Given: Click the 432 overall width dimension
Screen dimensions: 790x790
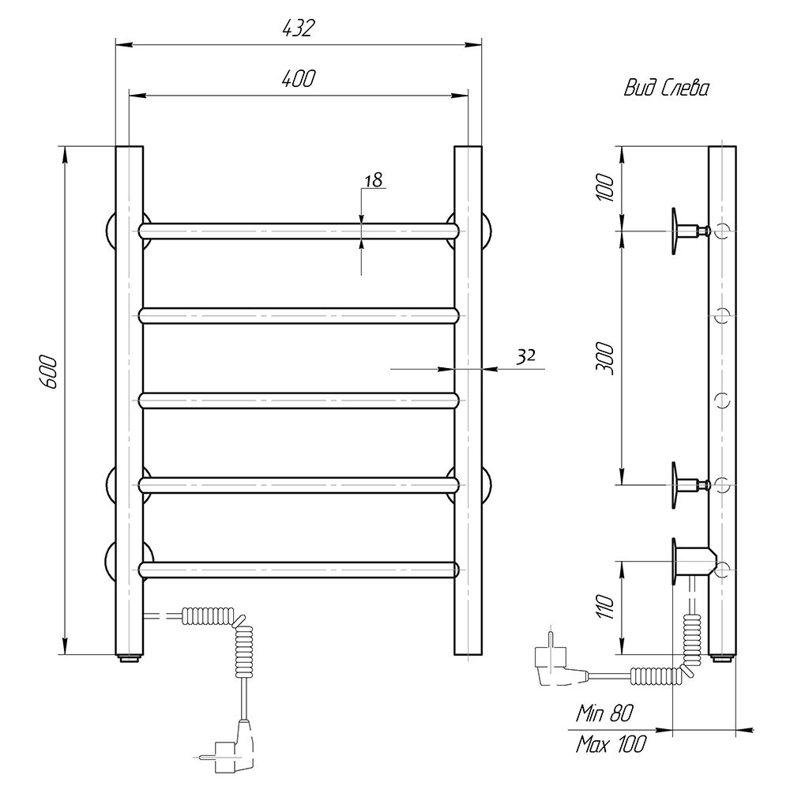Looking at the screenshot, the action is tap(298, 29).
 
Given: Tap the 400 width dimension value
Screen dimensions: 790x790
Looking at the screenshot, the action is tap(299, 78).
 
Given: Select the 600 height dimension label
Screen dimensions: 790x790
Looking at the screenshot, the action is tap(49, 372).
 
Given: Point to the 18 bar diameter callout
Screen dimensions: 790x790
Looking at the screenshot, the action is tap(374, 180).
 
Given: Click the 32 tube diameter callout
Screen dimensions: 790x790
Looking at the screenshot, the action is tap(525, 357).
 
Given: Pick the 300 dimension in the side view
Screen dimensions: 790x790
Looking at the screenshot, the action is tap(605, 358).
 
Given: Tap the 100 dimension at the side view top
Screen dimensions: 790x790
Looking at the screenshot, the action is tap(605, 187).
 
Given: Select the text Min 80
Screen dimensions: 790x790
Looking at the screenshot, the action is tap(604, 713).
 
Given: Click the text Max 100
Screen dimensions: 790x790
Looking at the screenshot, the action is tap(610, 743).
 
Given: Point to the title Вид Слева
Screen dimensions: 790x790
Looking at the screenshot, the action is tap(666, 88).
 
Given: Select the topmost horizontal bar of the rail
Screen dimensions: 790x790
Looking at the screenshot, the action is tap(299, 231).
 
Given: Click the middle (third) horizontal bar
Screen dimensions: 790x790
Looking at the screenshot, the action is tap(299, 400).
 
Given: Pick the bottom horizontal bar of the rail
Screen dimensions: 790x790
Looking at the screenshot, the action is tap(299, 570).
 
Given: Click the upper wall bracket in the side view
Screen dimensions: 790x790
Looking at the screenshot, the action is tap(690, 231).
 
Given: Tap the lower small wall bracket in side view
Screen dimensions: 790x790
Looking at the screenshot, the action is tap(690, 485).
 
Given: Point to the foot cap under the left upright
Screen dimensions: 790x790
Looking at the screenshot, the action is tap(130, 658).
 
